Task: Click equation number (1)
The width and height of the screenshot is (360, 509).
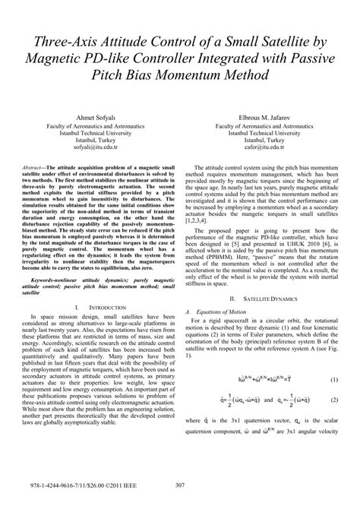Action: pos(333,400)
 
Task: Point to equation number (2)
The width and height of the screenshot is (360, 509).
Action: pos(333,420)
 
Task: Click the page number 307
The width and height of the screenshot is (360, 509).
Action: pos(180,486)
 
